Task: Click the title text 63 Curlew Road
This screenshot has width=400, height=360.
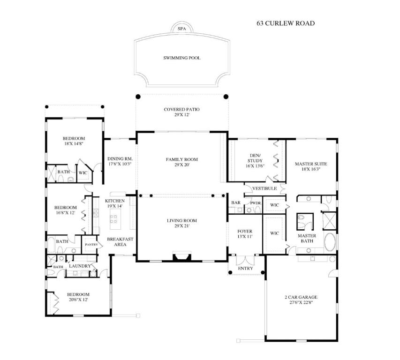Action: pyautogui.click(x=285, y=23)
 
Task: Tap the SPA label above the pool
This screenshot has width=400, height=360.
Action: pyautogui.click(x=181, y=29)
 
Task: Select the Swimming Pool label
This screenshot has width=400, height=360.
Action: pyautogui.click(x=181, y=58)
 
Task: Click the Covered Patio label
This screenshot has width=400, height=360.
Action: pyautogui.click(x=181, y=110)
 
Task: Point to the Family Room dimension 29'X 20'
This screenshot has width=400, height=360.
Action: pyautogui.click(x=181, y=165)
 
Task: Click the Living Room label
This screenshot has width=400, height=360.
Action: pyautogui.click(x=181, y=220)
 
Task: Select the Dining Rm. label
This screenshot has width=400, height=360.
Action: pyautogui.click(x=120, y=159)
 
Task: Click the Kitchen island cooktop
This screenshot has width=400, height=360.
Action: pyautogui.click(x=114, y=217)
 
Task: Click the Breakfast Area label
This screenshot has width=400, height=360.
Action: pyautogui.click(x=120, y=241)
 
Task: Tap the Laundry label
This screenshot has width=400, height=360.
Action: pyautogui.click(x=80, y=266)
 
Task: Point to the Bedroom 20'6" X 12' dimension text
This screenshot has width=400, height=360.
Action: pyautogui.click(x=78, y=300)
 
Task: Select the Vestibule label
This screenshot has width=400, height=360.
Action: pyautogui.click(x=264, y=188)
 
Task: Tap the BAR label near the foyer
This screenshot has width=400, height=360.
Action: pyautogui.click(x=235, y=202)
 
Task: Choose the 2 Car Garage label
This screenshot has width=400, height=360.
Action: pyautogui.click(x=301, y=297)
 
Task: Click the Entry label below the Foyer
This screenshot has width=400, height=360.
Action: pyautogui.click(x=245, y=269)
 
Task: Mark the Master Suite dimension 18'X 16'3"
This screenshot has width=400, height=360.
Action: pyautogui.click(x=311, y=170)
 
